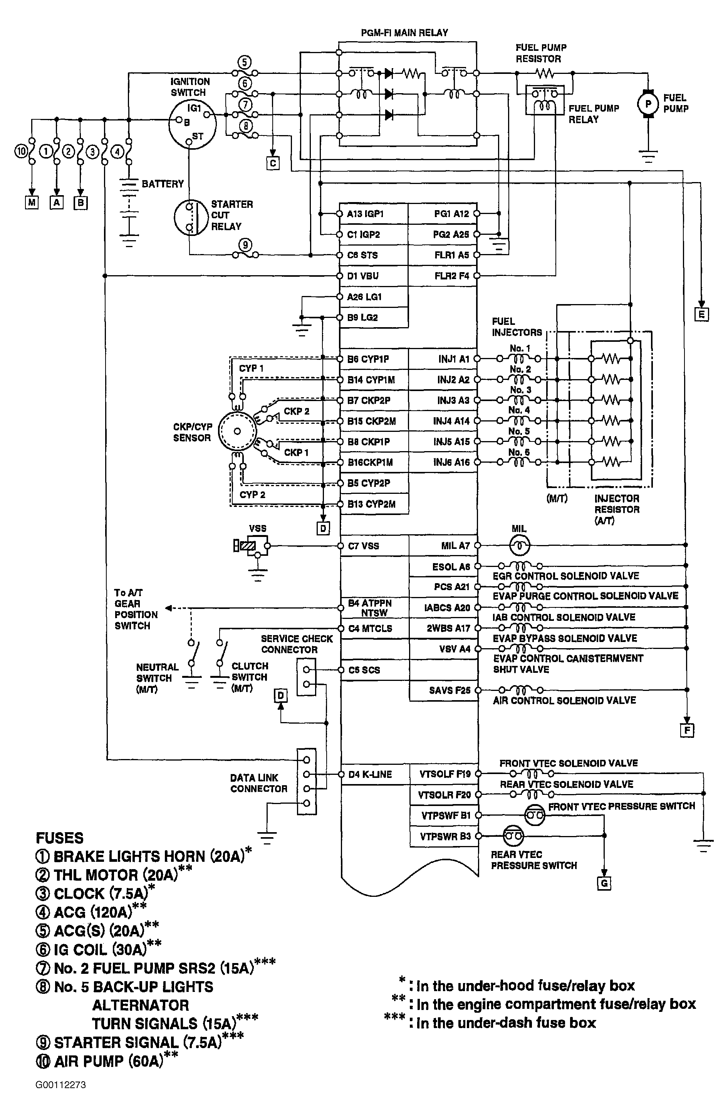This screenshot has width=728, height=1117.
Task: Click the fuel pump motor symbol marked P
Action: [x=648, y=104]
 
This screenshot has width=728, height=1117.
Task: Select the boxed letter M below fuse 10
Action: [x=32, y=202]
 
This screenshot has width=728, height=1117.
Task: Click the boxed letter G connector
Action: [x=604, y=883]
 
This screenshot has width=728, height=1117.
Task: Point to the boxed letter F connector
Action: [x=687, y=730]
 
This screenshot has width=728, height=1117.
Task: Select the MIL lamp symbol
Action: [x=520, y=545]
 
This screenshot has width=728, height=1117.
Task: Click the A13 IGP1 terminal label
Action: [x=366, y=214]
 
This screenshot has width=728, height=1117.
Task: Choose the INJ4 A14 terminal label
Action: [x=451, y=421]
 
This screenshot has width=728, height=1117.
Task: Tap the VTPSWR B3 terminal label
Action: [x=446, y=836]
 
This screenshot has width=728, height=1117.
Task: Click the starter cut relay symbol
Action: [x=191, y=218]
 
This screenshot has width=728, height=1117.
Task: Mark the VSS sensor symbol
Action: [x=252, y=546]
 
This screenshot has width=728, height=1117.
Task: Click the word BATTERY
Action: [x=163, y=184]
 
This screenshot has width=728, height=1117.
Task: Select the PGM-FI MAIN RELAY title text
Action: [x=404, y=33]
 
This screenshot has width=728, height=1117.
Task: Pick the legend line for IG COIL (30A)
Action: [x=99, y=950]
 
